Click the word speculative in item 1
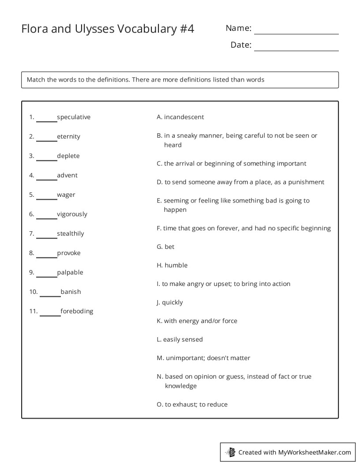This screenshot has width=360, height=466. (x=74, y=117)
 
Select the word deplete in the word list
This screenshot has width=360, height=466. (x=68, y=156)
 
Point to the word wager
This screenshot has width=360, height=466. (x=66, y=195)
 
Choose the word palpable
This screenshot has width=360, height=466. (x=70, y=272)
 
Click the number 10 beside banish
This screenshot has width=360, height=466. (x=33, y=292)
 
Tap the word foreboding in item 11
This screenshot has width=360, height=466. (x=77, y=311)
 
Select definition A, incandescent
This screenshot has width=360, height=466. (x=180, y=117)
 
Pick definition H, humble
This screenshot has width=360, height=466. (x=172, y=265)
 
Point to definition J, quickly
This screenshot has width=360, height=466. (x=170, y=302)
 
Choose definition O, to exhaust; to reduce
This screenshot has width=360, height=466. (x=192, y=404)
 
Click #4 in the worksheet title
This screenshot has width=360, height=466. (x=187, y=29)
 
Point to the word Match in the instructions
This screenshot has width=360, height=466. (x=36, y=80)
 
